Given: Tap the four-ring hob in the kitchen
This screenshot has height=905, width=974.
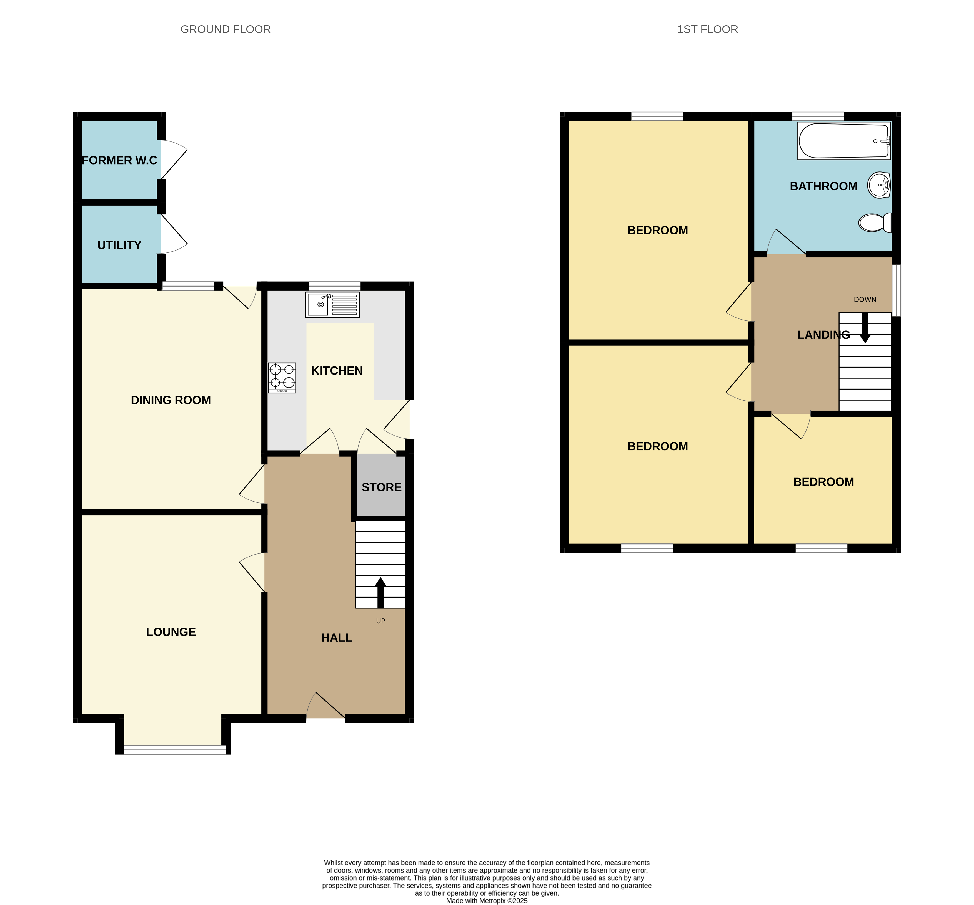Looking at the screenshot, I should point(282,377).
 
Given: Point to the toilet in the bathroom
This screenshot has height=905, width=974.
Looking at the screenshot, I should point(875,223).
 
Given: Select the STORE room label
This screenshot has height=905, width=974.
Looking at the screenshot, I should point(381,487).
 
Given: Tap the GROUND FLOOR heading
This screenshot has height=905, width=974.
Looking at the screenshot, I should point(225,29).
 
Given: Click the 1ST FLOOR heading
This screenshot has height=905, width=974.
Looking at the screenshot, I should point(707,29).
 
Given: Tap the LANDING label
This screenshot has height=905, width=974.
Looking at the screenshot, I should point(823,335).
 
